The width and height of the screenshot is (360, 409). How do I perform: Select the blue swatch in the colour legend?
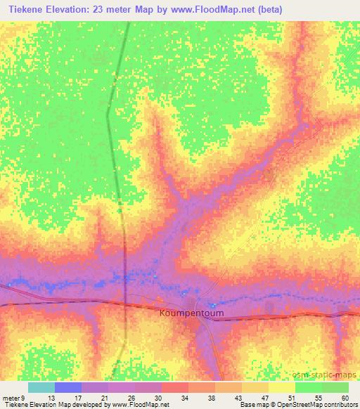coord(68,388)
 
